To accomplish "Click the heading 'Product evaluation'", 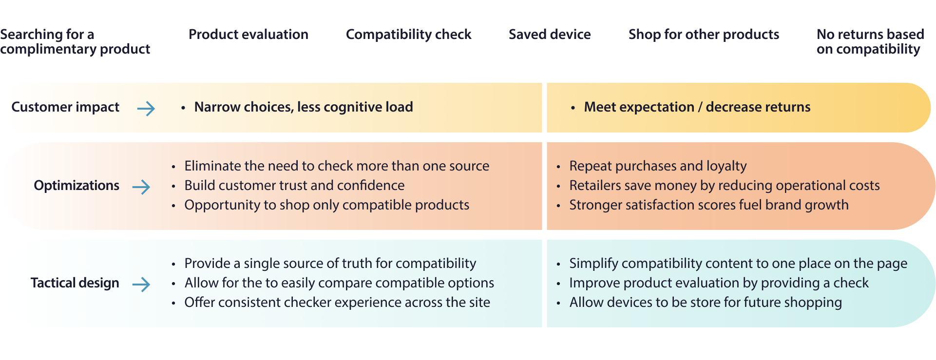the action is point(248,35).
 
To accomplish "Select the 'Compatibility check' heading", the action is point(408,35).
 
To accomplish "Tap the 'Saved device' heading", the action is point(550,35).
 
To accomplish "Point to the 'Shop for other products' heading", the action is point(704,35).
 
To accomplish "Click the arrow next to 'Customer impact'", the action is point(146,108).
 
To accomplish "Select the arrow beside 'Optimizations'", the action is point(141,187).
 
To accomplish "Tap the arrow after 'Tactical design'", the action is point(141,284).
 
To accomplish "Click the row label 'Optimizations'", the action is point(76,186).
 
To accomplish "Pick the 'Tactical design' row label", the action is point(75,283).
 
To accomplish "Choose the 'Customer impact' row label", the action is point(65,107).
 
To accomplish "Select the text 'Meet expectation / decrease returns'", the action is point(697,107).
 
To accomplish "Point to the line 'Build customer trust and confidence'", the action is point(294,186).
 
